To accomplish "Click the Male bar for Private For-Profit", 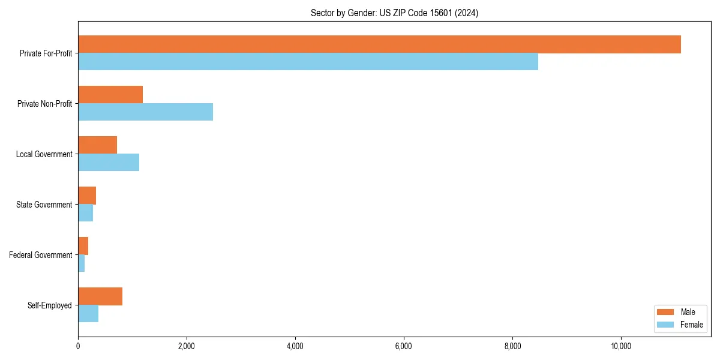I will pyautogui.click(x=379, y=44).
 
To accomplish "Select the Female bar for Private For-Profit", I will pyautogui.click(x=308, y=62).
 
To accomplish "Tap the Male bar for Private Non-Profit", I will pyautogui.click(x=110, y=95).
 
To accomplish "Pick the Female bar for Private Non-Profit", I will pyautogui.click(x=145, y=112).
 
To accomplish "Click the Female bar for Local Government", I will pyautogui.click(x=109, y=163).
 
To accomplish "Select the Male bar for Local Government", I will pyautogui.click(x=97, y=145).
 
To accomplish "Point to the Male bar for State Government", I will pyautogui.click(x=87, y=196).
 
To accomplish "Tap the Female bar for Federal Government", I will pyautogui.click(x=82, y=263).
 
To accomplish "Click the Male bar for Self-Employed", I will pyautogui.click(x=100, y=296).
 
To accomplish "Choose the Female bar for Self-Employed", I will pyautogui.click(x=88, y=314).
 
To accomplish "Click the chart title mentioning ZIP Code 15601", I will pyautogui.click(x=394, y=13).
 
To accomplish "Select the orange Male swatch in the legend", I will pyautogui.click(x=665, y=312).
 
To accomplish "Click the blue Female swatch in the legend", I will pyautogui.click(x=665, y=325).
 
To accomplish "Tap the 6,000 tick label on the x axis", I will pyautogui.click(x=404, y=346).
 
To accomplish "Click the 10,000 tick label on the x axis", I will pyautogui.click(x=620, y=346).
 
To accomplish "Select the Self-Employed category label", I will pyautogui.click(x=49, y=305).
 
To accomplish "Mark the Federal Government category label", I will pyautogui.click(x=40, y=255).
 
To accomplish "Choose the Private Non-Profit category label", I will pyautogui.click(x=44, y=104).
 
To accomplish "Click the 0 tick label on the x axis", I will pyautogui.click(x=78, y=346).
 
